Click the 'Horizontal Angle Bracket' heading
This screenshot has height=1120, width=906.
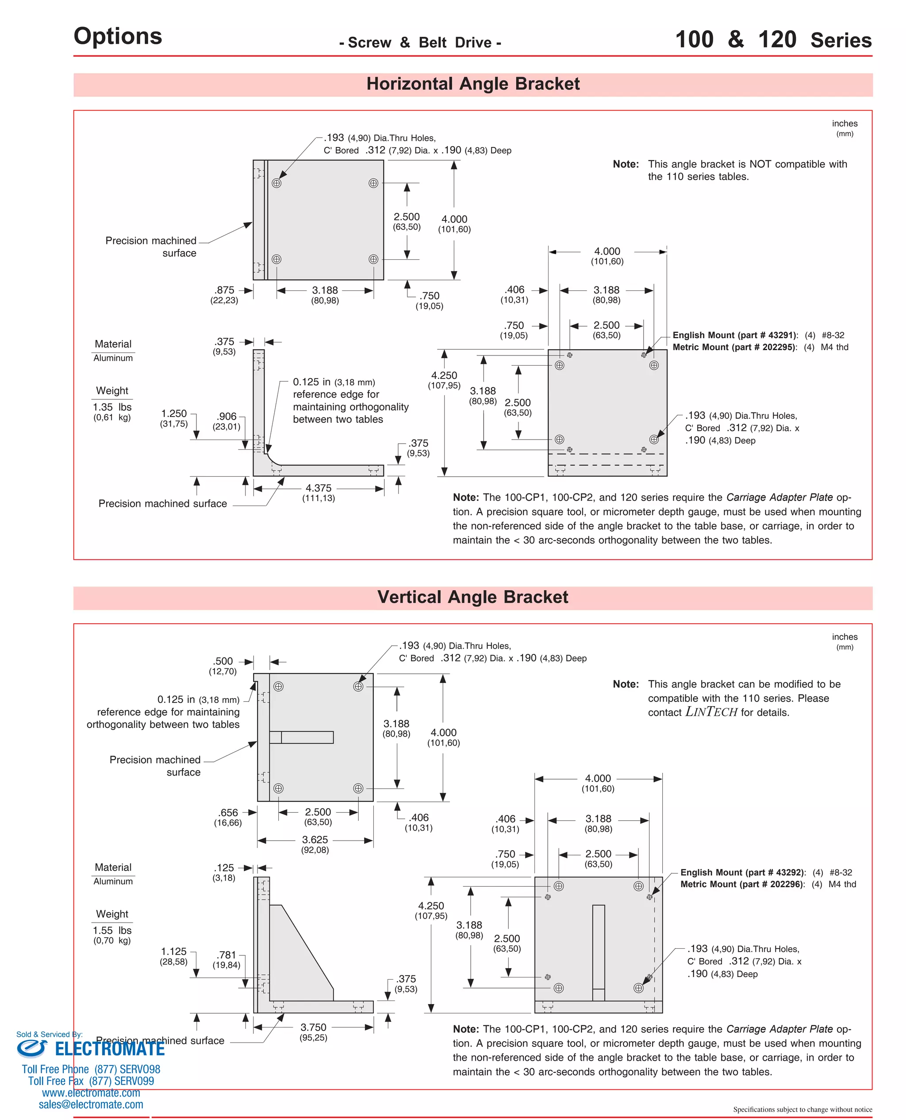pos(472,84)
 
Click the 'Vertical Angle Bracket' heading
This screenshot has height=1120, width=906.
pos(472,597)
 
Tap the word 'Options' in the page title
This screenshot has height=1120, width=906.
pos(118,36)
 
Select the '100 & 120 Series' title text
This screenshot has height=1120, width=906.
pos(773,40)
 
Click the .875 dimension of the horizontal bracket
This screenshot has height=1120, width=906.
pos(224,290)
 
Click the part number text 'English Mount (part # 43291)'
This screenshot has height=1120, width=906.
pos(735,335)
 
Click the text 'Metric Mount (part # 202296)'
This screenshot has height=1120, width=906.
pos(742,884)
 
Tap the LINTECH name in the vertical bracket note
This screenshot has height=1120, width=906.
pos(711,712)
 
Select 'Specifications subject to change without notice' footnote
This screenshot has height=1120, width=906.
pos(802,1109)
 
